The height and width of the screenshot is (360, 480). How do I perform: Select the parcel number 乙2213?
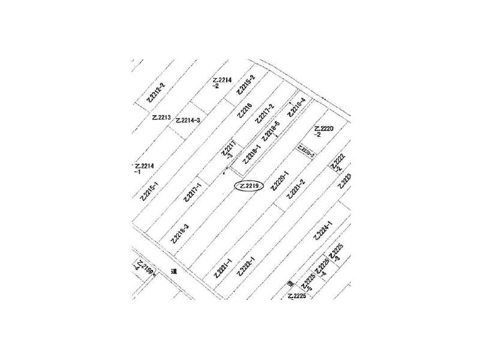[x=161, y=118]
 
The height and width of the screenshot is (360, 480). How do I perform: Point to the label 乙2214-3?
[x=188, y=121]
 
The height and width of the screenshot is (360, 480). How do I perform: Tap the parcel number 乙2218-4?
[x=296, y=108]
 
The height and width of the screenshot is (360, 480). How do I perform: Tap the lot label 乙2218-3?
[x=179, y=233]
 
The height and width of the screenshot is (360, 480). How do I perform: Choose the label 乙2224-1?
[x=323, y=230]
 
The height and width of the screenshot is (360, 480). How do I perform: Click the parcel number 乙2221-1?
[x=223, y=268]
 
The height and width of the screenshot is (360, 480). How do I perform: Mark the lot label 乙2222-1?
[x=246, y=266]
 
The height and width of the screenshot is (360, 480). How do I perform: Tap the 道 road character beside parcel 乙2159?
[x=173, y=271]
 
